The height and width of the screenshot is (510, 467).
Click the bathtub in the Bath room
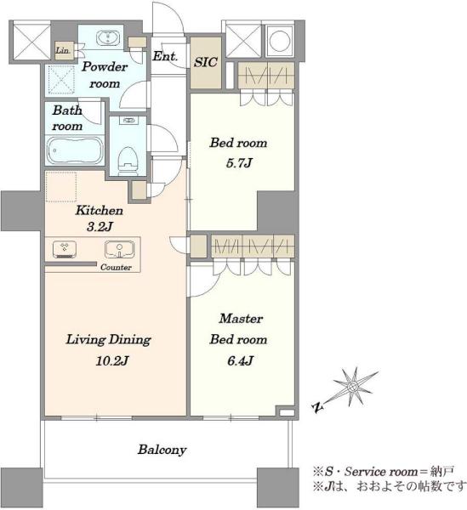pos(75,151)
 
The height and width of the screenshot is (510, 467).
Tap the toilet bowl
pos(128,161)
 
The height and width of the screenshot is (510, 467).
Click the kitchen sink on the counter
pos(119,249)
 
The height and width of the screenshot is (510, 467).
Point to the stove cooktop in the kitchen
pos(65,249)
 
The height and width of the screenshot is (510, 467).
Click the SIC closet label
pos(206,62)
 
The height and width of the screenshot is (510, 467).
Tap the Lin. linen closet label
pos(63,51)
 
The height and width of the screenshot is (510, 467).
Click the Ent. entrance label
pos(165,57)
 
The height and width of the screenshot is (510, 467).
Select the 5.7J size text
pos(239,162)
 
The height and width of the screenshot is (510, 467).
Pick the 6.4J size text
pos(241,360)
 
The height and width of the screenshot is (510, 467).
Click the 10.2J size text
pos(112,360)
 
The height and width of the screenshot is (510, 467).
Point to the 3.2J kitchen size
pos(100,227)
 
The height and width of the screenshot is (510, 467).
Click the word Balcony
pos(162,450)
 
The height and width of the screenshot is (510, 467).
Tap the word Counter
pos(116,268)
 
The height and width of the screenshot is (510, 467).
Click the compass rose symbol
pos(352,387)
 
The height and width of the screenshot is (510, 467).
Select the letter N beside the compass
pos(317,407)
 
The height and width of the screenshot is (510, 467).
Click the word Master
pos(241,319)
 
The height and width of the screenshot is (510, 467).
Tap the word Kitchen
pos(100,211)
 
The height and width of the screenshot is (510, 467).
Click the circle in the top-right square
pos(280,41)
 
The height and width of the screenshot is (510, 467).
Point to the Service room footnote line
pos(383,471)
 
